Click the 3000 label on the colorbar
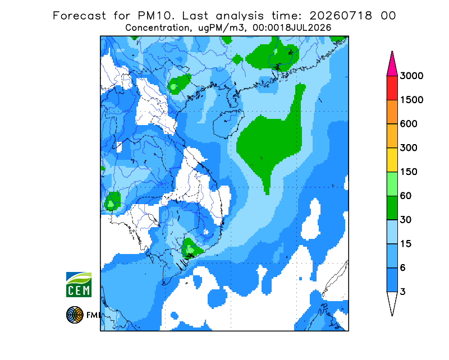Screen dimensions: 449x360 pos(411,76)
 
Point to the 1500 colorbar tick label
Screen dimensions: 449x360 pos(411,100)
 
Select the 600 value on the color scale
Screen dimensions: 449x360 pos(409,124)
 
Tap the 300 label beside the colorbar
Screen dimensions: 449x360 pos(409,148)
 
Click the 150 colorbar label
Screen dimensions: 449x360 pos(409,172)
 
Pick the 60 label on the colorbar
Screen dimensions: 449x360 pos(406,196)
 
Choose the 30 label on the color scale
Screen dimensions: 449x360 pos(406,220)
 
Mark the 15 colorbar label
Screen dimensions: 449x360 pos(406,244)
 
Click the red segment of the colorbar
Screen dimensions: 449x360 pos(392,88)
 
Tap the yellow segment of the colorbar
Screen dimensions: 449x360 pos(392,160)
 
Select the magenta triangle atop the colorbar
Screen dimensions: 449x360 pos(392,66)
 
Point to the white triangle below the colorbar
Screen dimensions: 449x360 pos(392,302)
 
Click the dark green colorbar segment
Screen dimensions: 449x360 pos(392,208)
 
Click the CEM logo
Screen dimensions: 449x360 pos(79,284)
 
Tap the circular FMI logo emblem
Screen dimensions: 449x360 pos(75,315)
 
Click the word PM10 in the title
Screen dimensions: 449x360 pos(155,16)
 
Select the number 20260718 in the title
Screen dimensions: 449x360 pos(341,16)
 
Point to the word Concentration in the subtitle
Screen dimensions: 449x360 pos(157,28)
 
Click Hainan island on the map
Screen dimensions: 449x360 pos(228,124)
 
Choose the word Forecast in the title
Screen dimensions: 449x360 pos(79,16)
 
